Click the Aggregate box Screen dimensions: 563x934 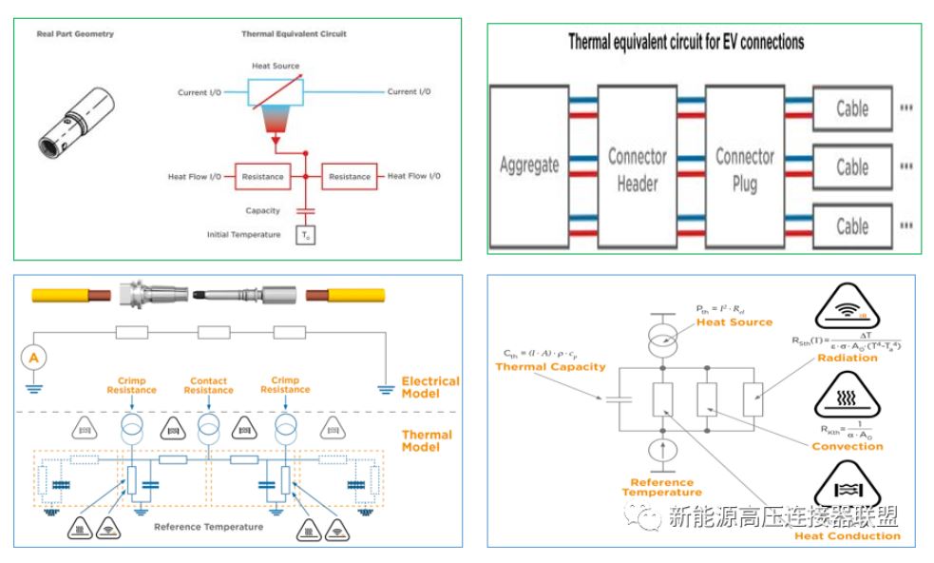(529, 165)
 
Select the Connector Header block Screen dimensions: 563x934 (637, 168)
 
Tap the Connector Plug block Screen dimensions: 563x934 (745, 168)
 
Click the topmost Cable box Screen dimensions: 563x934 (852, 107)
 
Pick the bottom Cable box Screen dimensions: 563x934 (852, 225)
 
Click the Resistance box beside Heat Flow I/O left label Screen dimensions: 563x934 (262, 176)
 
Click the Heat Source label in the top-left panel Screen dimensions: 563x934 (275, 66)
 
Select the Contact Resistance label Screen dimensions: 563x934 (208, 385)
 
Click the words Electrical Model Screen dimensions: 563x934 (430, 387)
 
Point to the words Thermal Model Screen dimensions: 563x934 (427, 440)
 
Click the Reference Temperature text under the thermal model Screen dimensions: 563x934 (208, 527)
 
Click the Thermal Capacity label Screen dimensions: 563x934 (550, 367)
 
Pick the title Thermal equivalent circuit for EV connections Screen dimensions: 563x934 (686, 43)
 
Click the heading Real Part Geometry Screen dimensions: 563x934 (75, 34)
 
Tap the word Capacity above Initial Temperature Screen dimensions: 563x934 (263, 211)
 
